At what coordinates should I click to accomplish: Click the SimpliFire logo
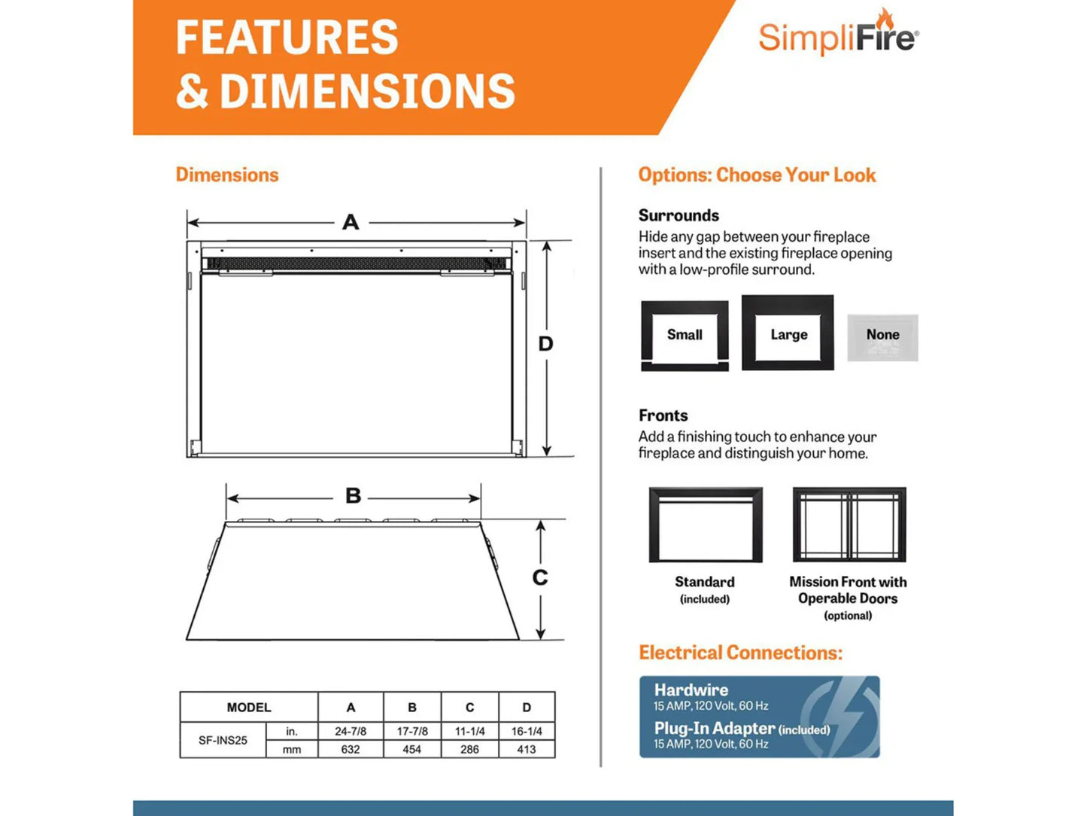(x=838, y=35)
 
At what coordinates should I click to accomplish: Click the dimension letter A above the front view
(x=351, y=222)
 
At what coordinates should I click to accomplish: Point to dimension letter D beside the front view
(x=545, y=344)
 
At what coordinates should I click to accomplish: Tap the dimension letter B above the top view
(x=353, y=496)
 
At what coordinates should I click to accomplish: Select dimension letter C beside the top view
(x=540, y=577)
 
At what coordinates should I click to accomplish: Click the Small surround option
(x=685, y=336)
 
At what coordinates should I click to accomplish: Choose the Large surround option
(x=788, y=333)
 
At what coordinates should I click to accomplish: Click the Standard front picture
(x=706, y=525)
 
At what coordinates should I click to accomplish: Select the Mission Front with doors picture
(x=849, y=525)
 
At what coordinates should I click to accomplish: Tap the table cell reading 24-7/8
(x=351, y=731)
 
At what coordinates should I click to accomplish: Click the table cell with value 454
(x=411, y=749)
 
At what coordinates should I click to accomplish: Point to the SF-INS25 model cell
(x=223, y=740)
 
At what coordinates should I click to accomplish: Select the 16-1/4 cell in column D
(x=527, y=731)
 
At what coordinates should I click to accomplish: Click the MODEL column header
(x=249, y=708)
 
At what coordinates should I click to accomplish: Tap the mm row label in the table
(x=292, y=749)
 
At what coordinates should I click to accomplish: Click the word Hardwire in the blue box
(x=691, y=690)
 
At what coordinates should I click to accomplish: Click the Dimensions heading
(x=227, y=175)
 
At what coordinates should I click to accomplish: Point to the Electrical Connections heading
(x=740, y=653)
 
